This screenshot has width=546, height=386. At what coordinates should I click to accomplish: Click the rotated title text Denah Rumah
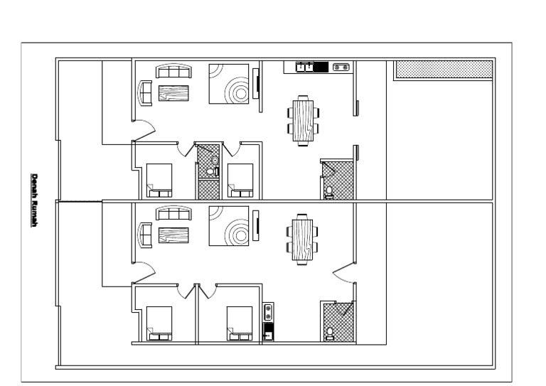[34, 200]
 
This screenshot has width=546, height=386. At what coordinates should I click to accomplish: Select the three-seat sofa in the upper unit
[173, 71]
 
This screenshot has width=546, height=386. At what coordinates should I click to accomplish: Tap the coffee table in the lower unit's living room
[173, 235]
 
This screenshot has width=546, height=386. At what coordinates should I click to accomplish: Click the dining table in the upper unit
[303, 121]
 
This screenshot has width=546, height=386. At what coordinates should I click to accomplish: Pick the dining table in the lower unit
[302, 240]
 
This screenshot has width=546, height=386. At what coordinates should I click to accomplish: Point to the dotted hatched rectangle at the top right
[444, 69]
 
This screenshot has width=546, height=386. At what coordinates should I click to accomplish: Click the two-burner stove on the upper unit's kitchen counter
[341, 67]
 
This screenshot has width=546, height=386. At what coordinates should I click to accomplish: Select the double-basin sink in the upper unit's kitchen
[305, 67]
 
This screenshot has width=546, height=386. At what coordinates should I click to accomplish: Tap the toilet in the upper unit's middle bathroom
[210, 171]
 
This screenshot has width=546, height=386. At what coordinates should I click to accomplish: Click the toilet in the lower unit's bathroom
[329, 333]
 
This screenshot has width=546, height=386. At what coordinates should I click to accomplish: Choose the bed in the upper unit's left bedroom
[159, 181]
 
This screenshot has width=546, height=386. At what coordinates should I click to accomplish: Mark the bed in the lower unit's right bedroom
[240, 323]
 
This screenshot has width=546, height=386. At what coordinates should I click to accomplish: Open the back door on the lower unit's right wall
[343, 272]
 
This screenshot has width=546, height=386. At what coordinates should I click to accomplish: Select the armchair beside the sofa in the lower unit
[146, 235]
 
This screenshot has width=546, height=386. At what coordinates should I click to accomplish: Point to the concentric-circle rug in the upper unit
[229, 84]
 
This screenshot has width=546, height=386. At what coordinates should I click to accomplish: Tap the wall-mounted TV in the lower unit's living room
[256, 225]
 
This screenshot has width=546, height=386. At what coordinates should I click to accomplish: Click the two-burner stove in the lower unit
[268, 312]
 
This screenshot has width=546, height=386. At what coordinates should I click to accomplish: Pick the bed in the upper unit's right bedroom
[240, 181]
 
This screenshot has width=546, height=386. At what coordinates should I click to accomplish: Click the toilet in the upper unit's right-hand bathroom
[329, 192]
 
